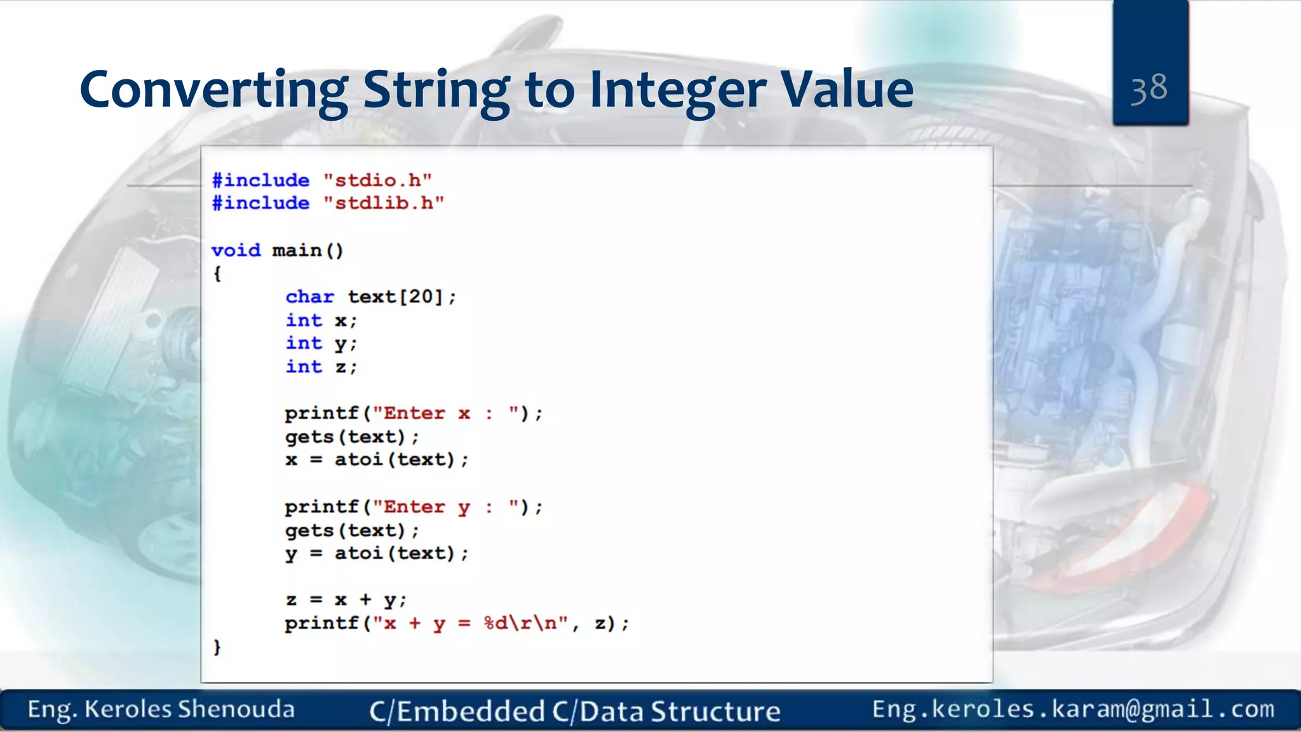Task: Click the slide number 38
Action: coord(1149,88)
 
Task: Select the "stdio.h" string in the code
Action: coord(377,180)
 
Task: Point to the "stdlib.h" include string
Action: coord(384,203)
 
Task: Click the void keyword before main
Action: coord(236,250)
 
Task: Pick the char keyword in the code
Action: coord(309,297)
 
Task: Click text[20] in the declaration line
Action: coord(395,297)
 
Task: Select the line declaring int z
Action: coord(321,367)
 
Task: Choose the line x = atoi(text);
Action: coord(376,460)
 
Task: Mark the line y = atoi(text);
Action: coord(376,553)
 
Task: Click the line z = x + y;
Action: coord(346,600)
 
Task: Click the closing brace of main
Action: coord(217,647)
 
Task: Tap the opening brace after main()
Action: coord(217,274)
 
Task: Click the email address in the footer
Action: coord(1073,709)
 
